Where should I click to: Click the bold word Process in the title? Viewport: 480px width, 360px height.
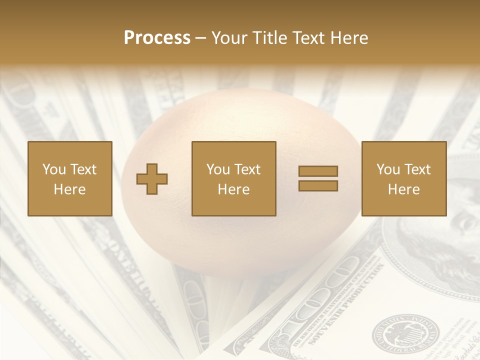click(157, 37)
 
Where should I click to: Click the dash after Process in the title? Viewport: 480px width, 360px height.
click(200, 38)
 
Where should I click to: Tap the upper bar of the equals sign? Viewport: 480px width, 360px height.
click(318, 171)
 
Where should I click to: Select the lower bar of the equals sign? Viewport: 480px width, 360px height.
click(318, 185)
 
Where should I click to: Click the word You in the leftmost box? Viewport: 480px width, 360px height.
click(53, 169)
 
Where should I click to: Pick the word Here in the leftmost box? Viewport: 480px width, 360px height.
click(69, 189)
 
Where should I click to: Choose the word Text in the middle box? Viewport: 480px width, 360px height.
click(247, 169)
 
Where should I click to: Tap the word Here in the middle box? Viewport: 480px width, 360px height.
click(233, 189)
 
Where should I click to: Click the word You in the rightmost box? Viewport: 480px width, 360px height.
click(388, 169)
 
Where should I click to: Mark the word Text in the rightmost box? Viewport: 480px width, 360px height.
click(417, 169)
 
